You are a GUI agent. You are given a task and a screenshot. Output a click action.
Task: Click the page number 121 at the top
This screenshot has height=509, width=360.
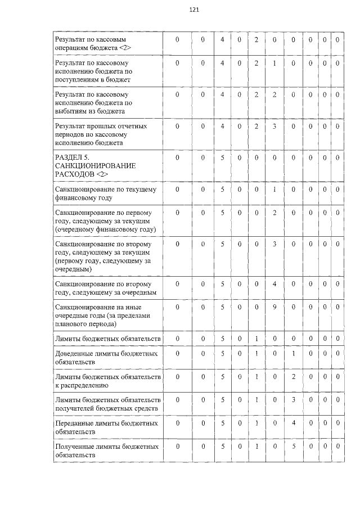[195, 10]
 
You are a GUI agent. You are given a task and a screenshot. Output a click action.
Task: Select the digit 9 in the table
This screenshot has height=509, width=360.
[274, 307]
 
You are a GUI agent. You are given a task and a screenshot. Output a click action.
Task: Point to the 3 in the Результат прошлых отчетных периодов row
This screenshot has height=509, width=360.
[274, 127]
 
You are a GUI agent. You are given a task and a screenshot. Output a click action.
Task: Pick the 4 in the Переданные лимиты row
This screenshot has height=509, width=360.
[294, 423]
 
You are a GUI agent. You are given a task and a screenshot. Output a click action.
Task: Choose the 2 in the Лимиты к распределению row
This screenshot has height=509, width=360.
[294, 376]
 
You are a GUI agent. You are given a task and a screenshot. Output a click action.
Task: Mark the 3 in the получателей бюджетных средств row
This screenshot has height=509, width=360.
[294, 400]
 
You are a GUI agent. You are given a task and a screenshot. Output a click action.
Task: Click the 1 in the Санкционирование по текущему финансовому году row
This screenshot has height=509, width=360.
[274, 190]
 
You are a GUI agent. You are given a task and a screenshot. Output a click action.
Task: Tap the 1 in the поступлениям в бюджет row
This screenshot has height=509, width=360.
[274, 63]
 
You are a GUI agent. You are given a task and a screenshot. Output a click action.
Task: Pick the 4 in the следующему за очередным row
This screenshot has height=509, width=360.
[274, 284]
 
